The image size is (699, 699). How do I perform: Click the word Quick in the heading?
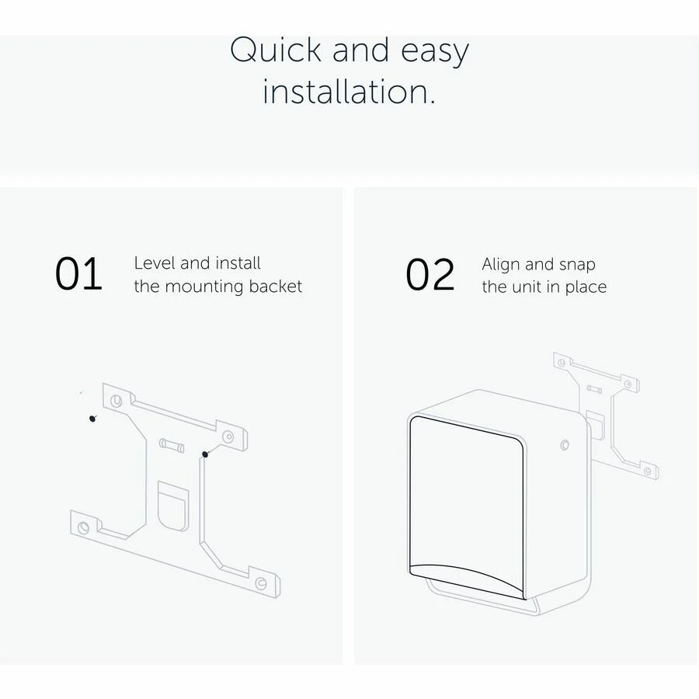[x=276, y=50]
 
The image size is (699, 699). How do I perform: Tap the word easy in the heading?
[x=435, y=53]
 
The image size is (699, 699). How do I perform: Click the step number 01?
[x=78, y=274]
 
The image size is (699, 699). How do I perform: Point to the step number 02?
[x=430, y=275]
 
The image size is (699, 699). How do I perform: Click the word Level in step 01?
[x=155, y=263]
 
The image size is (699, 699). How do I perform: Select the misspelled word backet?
[x=276, y=286]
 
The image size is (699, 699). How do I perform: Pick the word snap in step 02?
[x=577, y=266]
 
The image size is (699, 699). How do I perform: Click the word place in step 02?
[x=586, y=287]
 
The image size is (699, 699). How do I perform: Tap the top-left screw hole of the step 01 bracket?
[x=116, y=400]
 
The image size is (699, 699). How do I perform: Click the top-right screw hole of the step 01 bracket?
[x=228, y=436]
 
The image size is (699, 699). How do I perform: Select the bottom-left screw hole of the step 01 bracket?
[x=83, y=527]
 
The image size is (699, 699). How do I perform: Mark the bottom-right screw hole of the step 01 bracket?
[x=261, y=582]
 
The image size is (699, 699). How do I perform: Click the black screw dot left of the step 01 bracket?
[x=92, y=418]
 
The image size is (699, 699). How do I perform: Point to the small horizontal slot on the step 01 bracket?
[x=172, y=445]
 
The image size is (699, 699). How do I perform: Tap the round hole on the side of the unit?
[x=565, y=445]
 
